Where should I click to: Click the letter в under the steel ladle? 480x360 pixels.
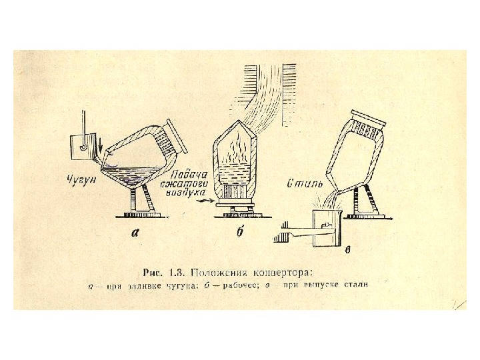347,252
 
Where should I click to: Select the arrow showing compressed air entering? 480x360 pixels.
206,199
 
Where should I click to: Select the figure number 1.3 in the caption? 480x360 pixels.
176,272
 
